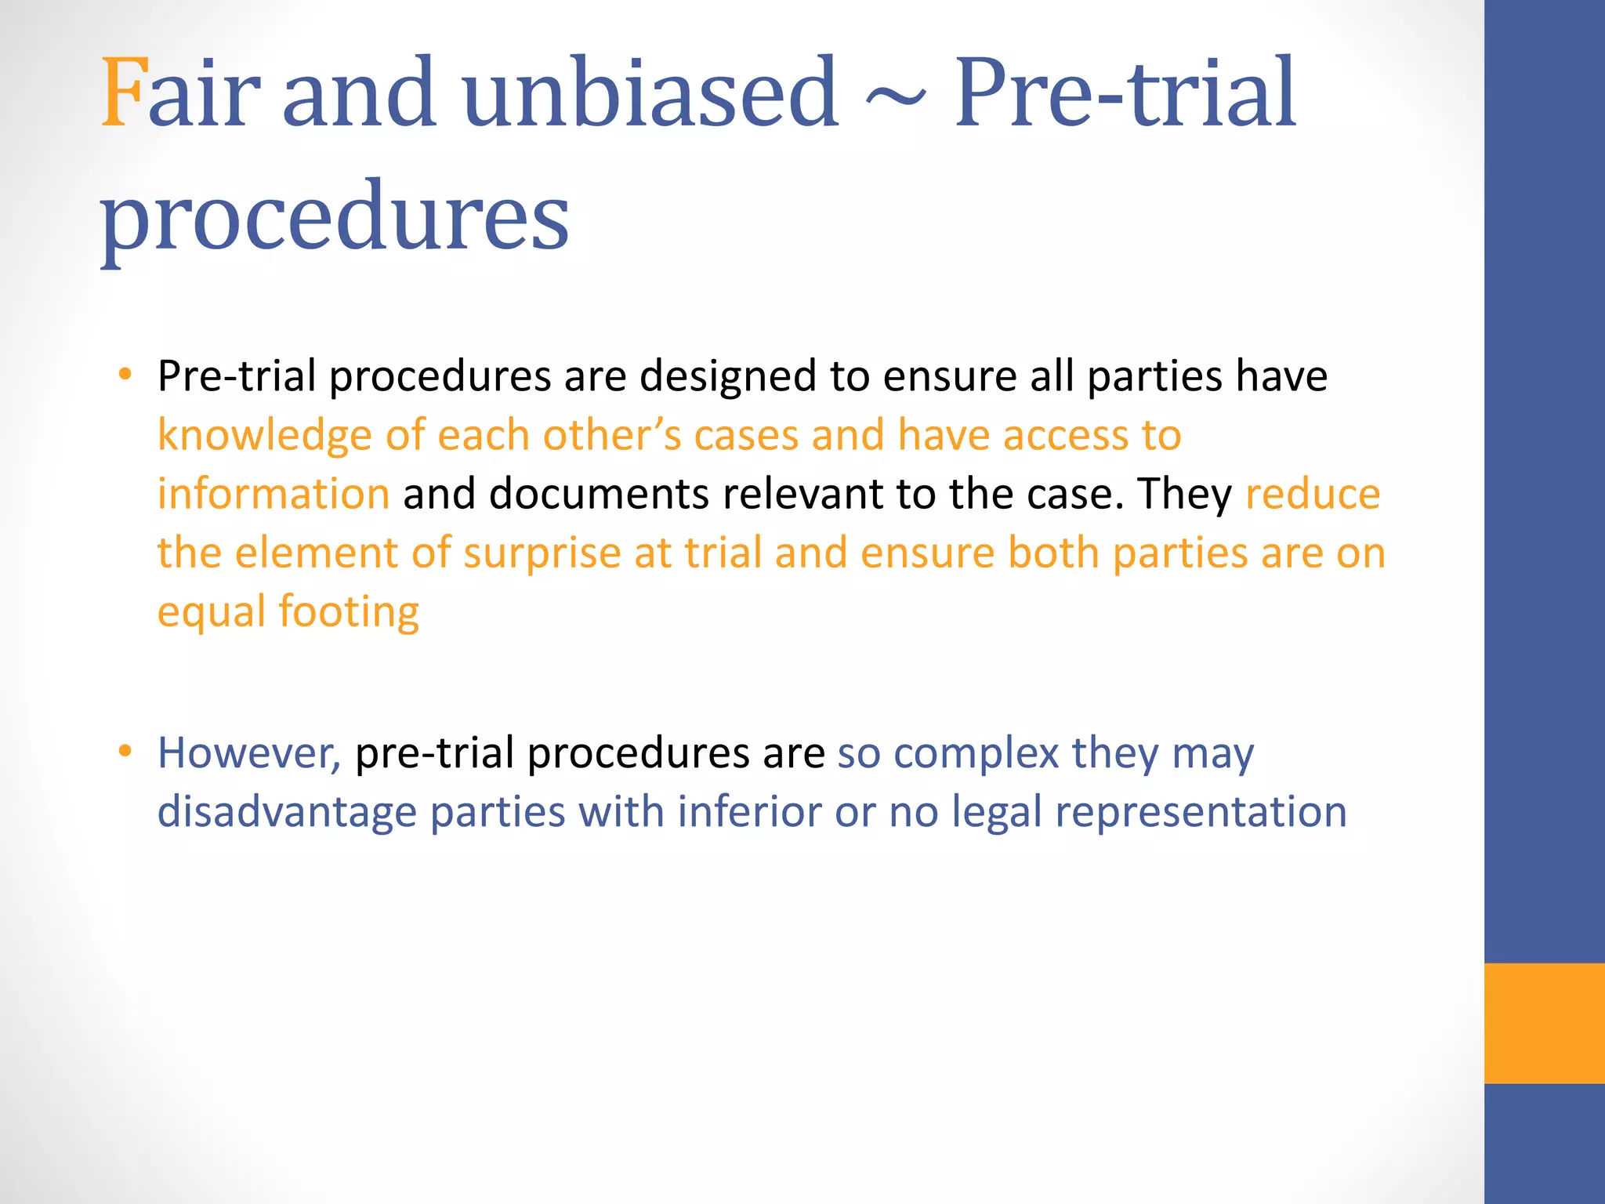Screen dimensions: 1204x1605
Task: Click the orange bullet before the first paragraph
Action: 125,374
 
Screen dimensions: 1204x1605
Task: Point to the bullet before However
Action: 125,751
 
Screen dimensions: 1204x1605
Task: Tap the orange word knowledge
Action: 265,435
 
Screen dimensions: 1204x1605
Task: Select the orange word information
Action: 274,494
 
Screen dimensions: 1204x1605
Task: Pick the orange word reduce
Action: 1313,494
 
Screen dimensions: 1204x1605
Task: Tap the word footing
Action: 349,612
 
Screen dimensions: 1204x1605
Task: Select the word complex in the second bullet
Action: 976,753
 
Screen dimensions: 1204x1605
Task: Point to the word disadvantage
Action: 287,812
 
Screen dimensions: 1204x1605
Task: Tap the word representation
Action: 1201,812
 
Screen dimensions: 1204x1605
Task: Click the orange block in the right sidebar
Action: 1544,1023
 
